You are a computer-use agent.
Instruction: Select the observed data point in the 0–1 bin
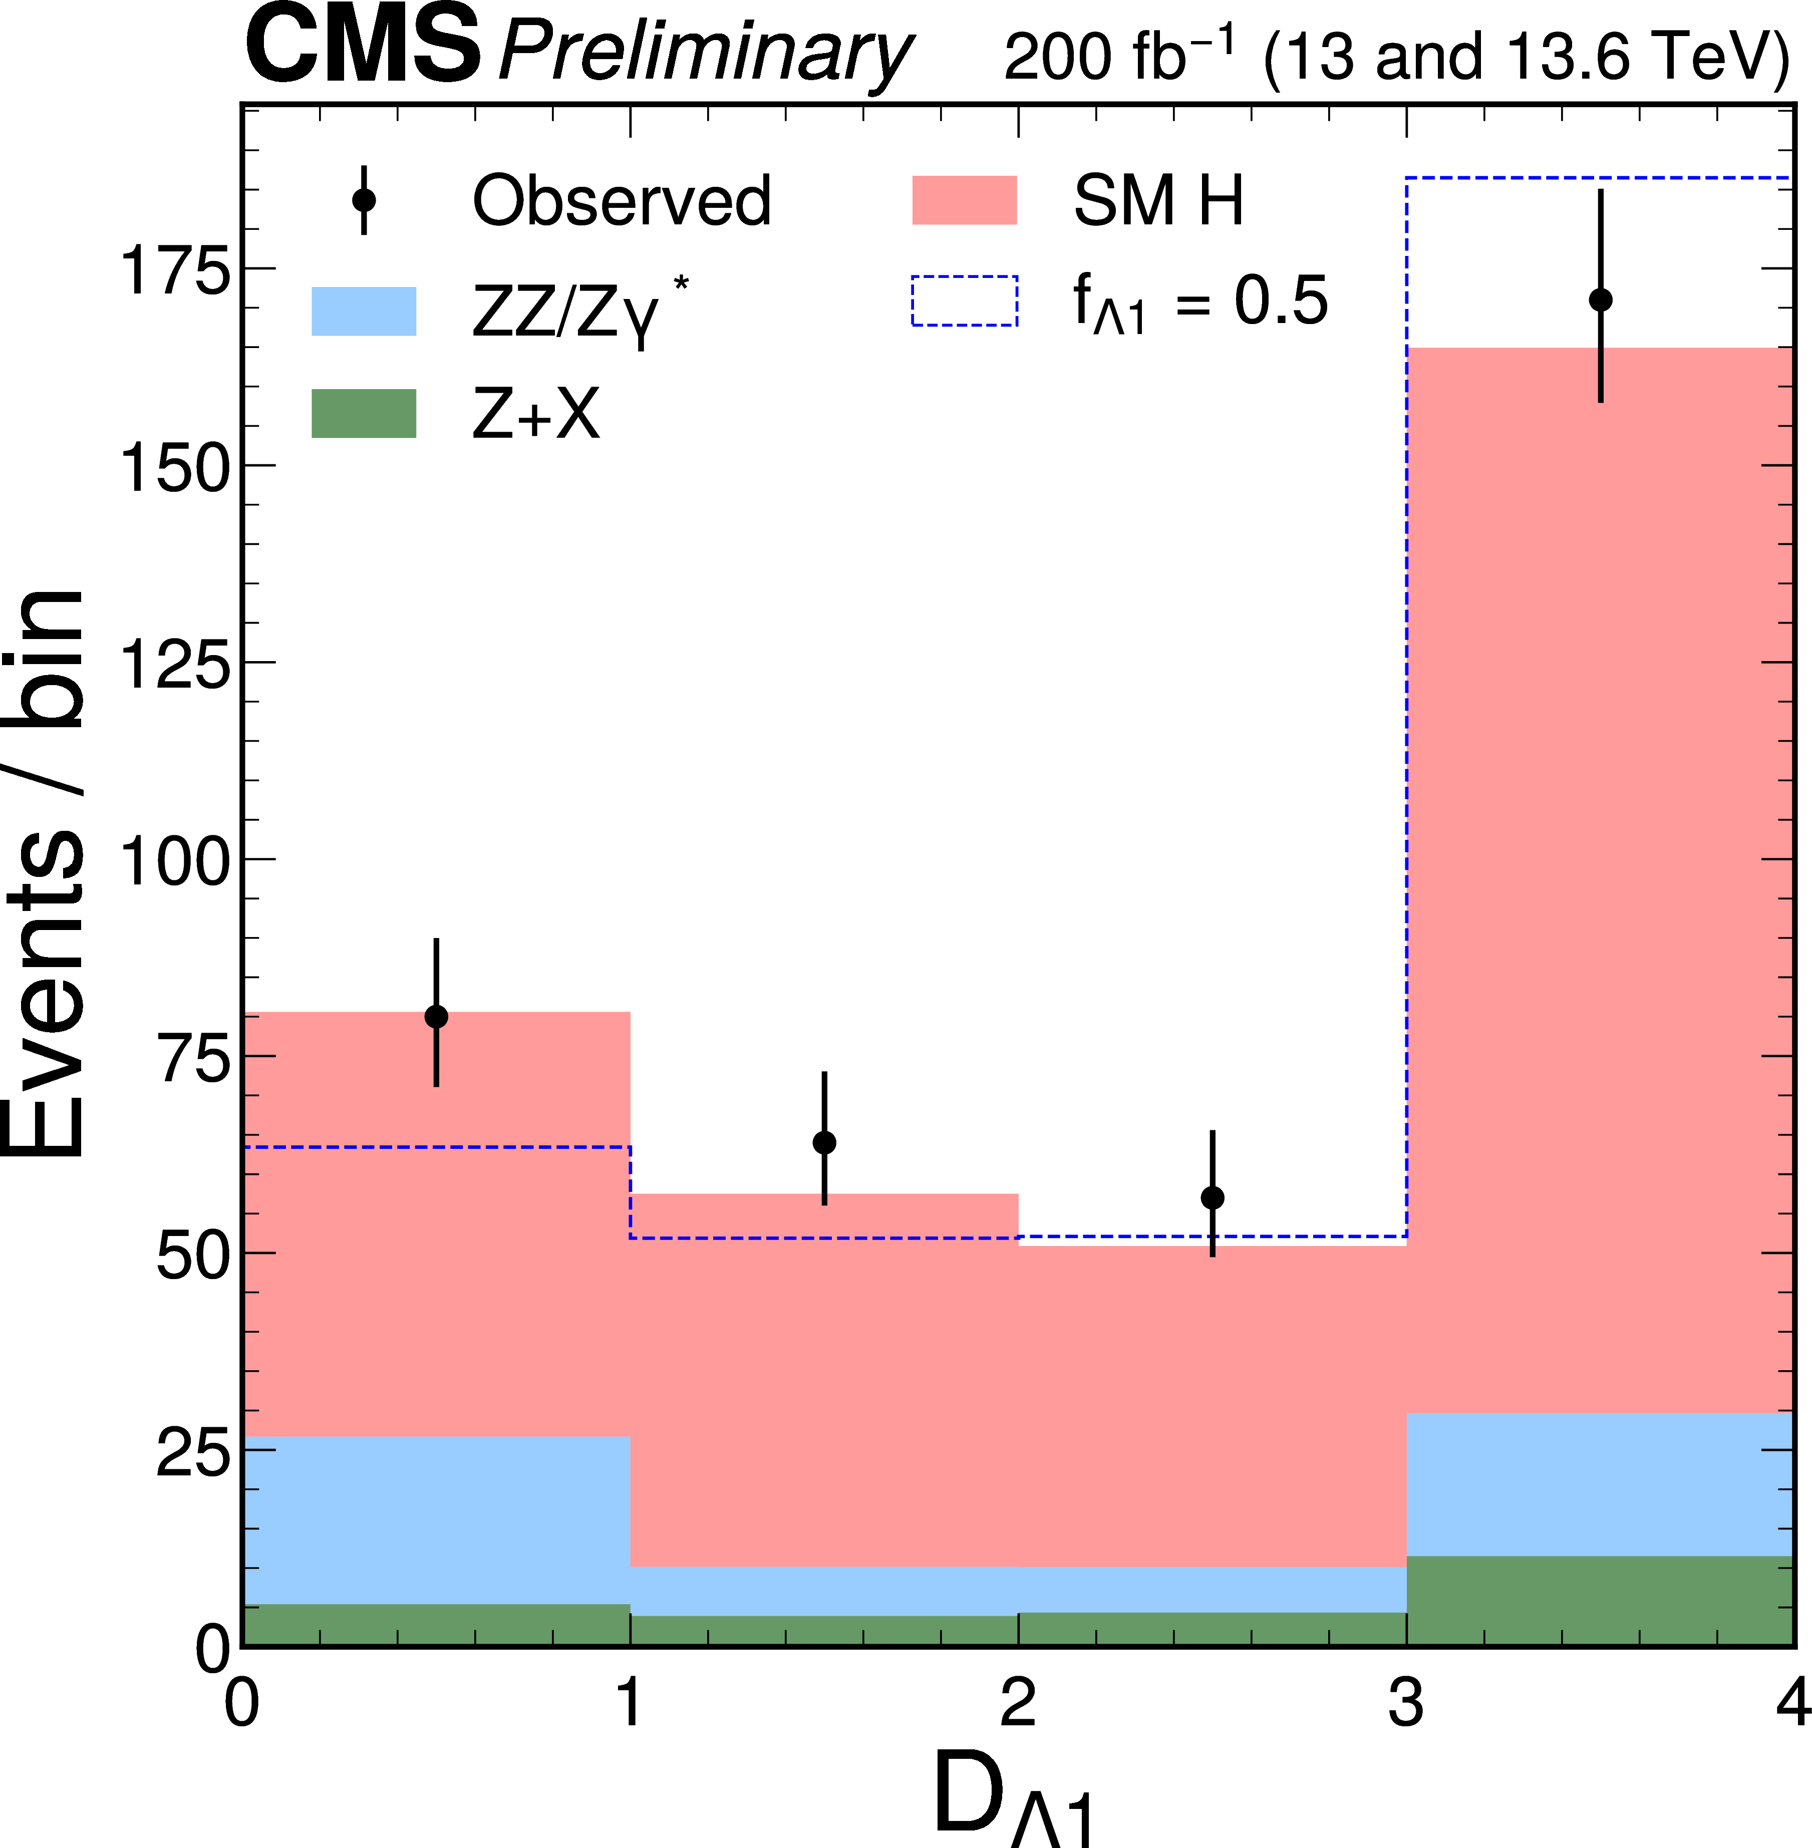(x=436, y=1016)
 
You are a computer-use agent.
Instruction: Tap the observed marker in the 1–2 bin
(x=824, y=1142)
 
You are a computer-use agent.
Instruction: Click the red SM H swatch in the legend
(x=964, y=201)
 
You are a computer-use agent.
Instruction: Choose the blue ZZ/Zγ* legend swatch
(x=364, y=311)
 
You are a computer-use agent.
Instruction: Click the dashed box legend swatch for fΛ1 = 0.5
(x=964, y=300)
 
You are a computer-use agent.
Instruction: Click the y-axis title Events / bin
(x=46, y=871)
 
